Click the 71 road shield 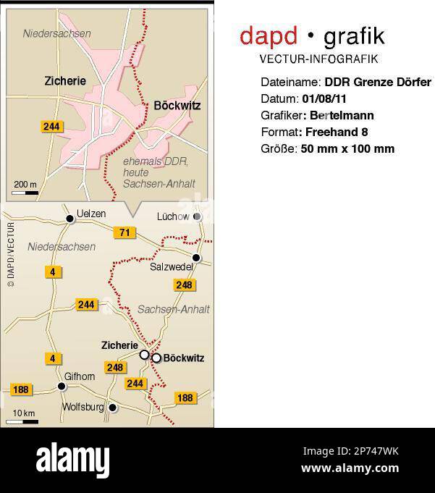click(124, 232)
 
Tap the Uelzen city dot click(70, 219)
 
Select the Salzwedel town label click(172, 267)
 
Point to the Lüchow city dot click(197, 216)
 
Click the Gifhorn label click(80, 376)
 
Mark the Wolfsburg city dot click(113, 408)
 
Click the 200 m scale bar click(26, 193)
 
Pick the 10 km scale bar click(25, 421)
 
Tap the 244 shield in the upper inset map click(51, 127)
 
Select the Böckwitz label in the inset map click(177, 106)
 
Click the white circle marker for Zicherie click(144, 354)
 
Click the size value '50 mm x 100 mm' click(347, 148)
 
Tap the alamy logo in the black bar click(72, 460)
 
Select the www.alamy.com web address click(350, 468)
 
